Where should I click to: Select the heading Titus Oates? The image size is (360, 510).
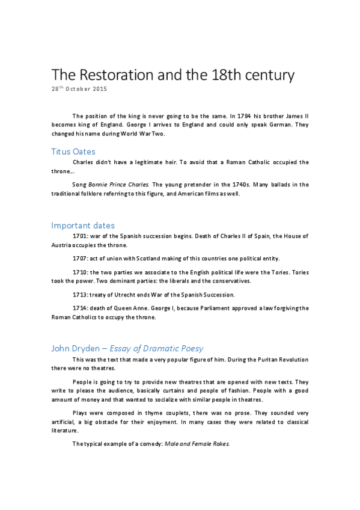73,152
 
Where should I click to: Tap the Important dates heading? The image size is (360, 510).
83,226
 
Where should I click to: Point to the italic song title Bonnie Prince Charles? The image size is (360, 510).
119,184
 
